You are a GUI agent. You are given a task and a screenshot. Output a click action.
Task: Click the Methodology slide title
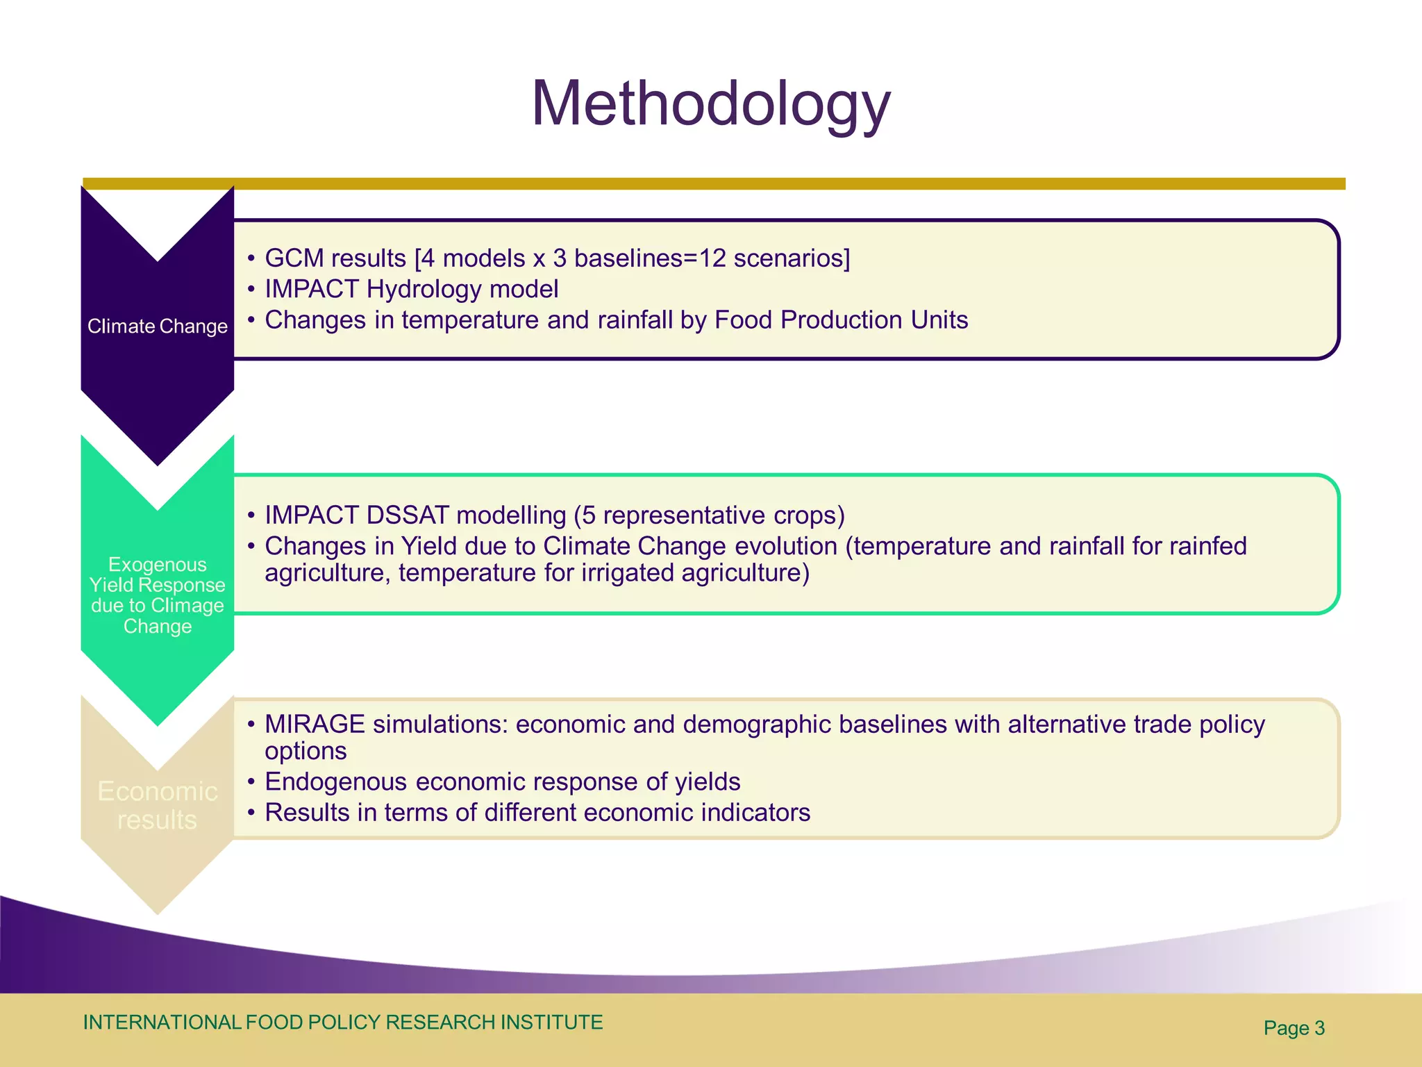coord(710,104)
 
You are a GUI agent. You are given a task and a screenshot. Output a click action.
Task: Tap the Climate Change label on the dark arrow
coord(158,326)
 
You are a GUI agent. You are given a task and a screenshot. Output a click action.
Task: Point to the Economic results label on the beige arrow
coord(158,805)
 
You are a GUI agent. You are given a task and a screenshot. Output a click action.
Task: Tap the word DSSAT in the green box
coord(408,515)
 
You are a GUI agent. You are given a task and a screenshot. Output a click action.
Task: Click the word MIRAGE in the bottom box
coord(315,725)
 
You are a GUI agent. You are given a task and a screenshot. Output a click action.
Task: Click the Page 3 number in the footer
coord(1294,1028)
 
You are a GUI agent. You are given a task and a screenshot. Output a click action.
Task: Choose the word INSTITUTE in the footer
coord(551,1023)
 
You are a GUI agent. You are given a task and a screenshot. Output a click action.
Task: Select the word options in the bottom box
coord(306,752)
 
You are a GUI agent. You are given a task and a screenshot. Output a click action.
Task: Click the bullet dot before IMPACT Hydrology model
coord(251,290)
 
